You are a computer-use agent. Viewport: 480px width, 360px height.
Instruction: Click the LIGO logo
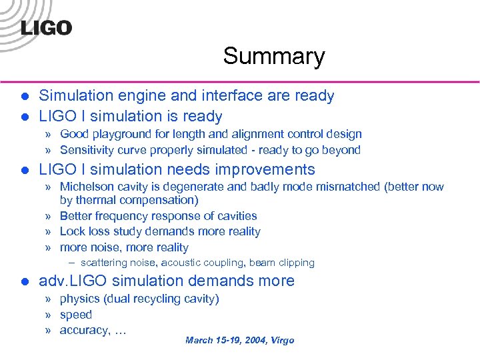[x=46, y=28]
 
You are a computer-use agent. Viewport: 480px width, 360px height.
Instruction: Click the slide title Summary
[x=274, y=56]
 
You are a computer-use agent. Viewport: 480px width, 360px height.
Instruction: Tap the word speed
[x=75, y=315]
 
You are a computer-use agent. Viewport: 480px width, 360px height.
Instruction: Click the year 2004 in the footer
[x=251, y=341]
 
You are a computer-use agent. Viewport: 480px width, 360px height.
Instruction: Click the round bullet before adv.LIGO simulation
[x=24, y=281]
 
